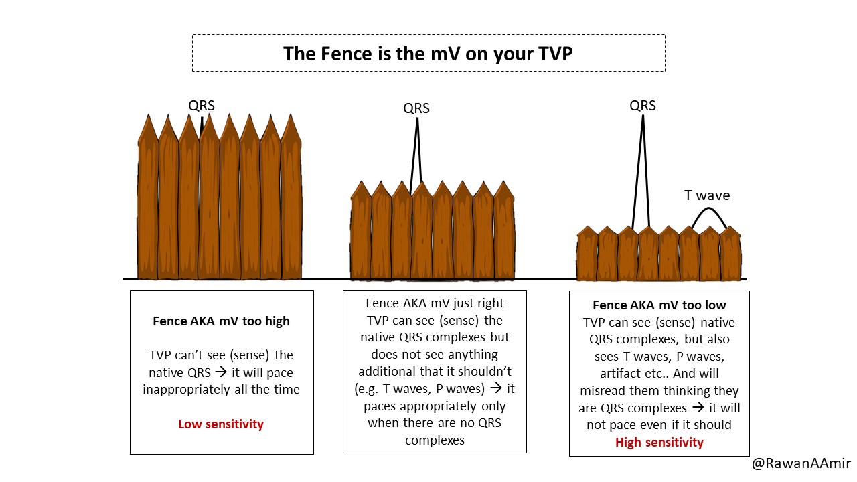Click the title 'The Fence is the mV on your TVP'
428,53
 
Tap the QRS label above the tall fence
202,106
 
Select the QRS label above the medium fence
416,108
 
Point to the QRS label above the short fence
643,106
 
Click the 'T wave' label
707,195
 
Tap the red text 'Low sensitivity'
221,424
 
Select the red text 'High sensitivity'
659,443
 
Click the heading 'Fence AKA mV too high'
221,321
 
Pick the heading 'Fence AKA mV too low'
659,305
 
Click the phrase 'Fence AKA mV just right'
435,303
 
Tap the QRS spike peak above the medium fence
417,118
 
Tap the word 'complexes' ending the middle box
435,440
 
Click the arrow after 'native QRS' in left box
220,372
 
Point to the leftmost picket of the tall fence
148,197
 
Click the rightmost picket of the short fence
730,253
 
